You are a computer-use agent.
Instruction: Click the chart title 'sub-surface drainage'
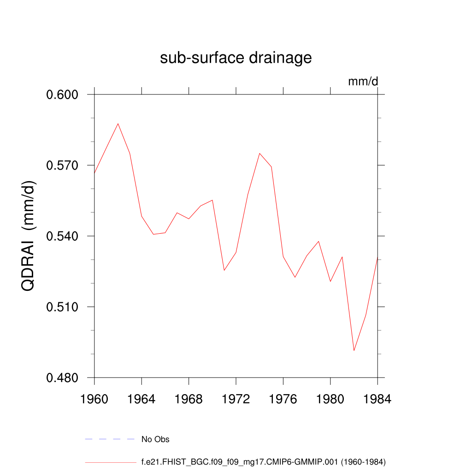(236, 58)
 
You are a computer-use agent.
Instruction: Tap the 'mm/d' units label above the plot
(363, 82)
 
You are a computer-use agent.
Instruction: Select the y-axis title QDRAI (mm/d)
(29, 236)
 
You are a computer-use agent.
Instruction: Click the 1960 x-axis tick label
(94, 400)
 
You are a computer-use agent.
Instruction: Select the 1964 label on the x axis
(142, 400)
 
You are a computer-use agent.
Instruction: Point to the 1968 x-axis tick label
(189, 400)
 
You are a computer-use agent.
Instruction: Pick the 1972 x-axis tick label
(236, 400)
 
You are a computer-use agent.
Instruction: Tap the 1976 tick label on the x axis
(283, 400)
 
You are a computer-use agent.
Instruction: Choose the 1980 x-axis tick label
(330, 400)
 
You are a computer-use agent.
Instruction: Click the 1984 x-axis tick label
(378, 400)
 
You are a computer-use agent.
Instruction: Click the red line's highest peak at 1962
(118, 124)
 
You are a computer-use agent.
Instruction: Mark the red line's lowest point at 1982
(354, 351)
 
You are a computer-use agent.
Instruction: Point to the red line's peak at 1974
(260, 153)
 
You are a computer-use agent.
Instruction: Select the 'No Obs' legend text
(155, 439)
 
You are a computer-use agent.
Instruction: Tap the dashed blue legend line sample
(110, 439)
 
